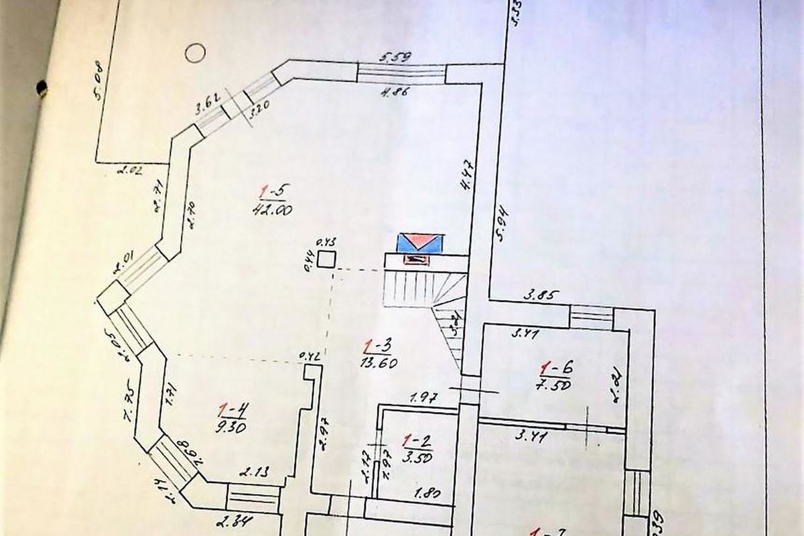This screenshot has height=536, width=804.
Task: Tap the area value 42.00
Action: click(x=272, y=209)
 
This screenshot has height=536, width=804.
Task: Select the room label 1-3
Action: click(x=377, y=346)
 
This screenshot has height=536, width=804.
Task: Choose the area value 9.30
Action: click(x=230, y=426)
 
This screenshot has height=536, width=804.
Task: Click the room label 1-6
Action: click(x=556, y=367)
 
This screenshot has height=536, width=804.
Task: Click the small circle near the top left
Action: click(x=194, y=52)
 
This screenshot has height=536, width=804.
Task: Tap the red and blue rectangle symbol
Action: click(x=420, y=243)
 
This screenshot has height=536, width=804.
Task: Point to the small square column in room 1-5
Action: click(x=326, y=259)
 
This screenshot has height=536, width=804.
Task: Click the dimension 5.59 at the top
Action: click(x=396, y=58)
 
